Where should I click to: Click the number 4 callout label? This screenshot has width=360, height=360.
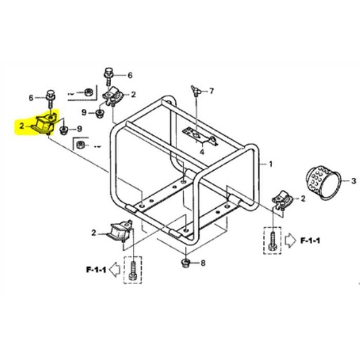(201, 150)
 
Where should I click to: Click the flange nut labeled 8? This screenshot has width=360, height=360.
(184, 264)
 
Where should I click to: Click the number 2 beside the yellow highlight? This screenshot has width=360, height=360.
(22, 127)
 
